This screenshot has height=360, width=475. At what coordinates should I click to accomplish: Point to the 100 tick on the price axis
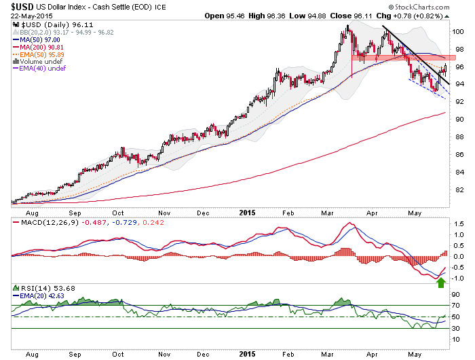pos(459,31)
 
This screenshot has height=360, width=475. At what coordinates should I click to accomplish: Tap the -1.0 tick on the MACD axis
pos(459,278)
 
